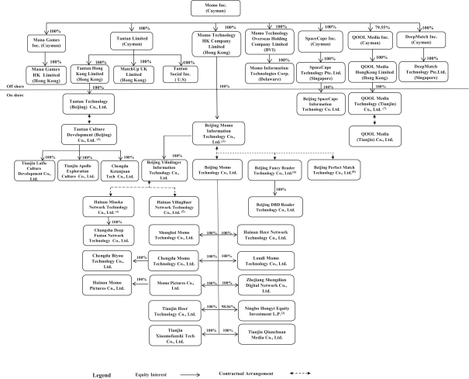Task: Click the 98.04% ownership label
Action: (226, 308)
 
